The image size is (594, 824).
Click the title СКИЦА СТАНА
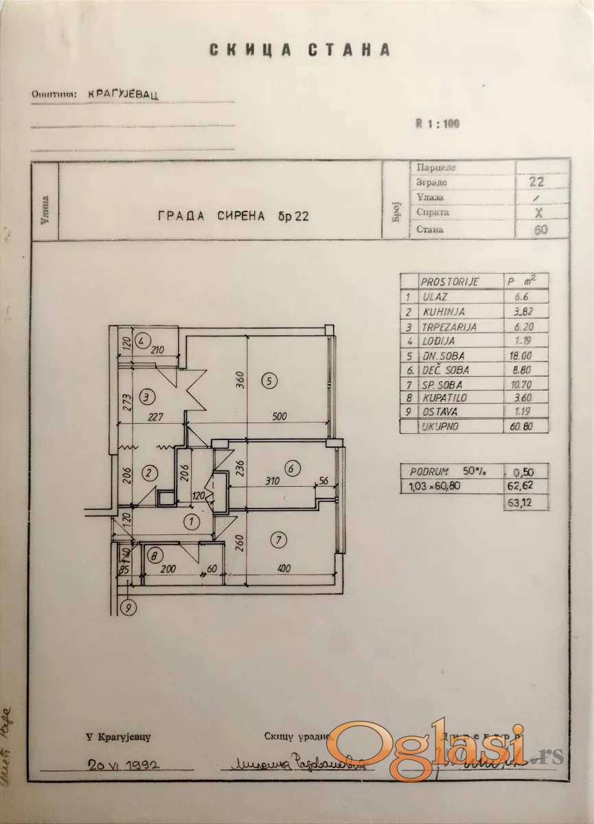click(300, 50)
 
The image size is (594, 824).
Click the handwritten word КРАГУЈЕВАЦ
click(124, 95)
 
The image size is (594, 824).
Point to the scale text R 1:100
click(437, 124)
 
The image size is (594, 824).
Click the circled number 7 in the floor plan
click(279, 540)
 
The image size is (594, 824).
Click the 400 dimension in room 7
click(281, 569)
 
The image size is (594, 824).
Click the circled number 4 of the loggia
click(141, 341)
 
